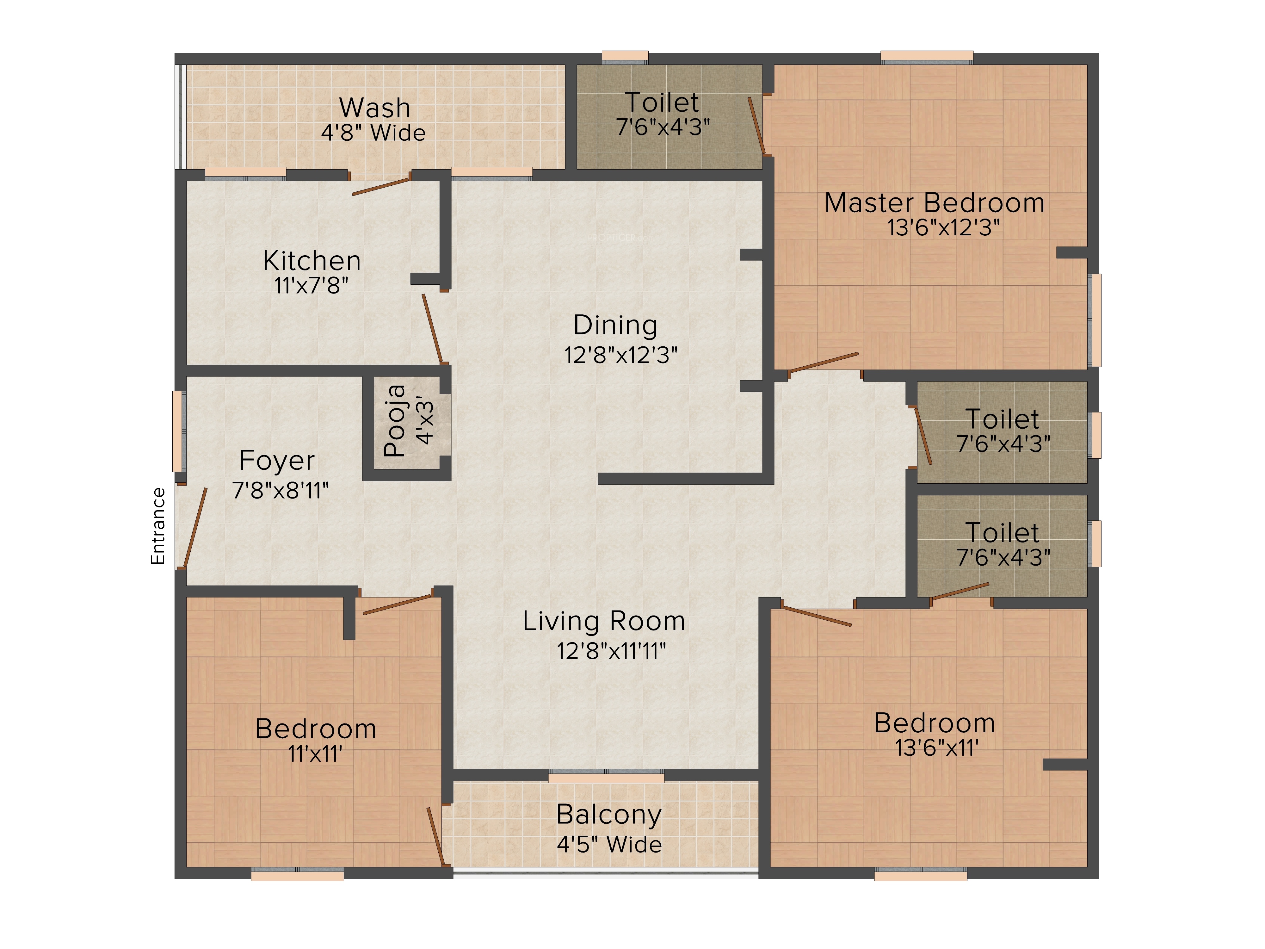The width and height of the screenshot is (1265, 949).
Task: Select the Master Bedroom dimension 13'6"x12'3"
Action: [x=944, y=228]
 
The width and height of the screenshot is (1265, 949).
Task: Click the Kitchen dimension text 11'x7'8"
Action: [x=311, y=285]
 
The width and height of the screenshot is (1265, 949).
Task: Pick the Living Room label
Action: [x=604, y=621]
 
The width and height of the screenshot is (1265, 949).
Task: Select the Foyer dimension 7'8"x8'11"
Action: [x=280, y=490]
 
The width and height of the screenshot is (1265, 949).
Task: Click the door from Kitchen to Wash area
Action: [x=381, y=187]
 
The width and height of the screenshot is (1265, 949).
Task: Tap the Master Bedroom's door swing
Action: [x=824, y=362]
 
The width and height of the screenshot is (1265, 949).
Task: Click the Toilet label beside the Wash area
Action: [x=662, y=102]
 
